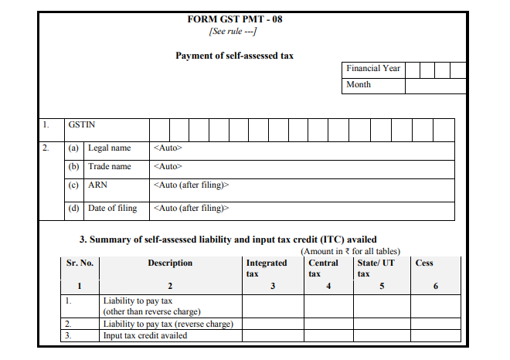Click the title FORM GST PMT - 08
(x=234, y=19)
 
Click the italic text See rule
(x=233, y=31)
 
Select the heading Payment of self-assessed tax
(x=234, y=56)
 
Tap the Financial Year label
(x=373, y=69)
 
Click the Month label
(x=359, y=85)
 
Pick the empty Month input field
(x=435, y=85)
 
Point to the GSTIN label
(x=82, y=124)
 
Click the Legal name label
(x=109, y=148)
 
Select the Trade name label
(x=110, y=166)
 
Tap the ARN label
(x=98, y=185)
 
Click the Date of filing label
(x=112, y=208)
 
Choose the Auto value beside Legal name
(x=168, y=148)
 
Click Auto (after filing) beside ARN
(x=192, y=185)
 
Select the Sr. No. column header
(x=80, y=263)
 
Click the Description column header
(x=170, y=263)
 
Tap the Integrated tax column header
(x=266, y=268)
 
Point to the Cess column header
(x=424, y=263)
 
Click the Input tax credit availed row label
(x=144, y=336)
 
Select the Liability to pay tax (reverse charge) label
(x=168, y=324)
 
